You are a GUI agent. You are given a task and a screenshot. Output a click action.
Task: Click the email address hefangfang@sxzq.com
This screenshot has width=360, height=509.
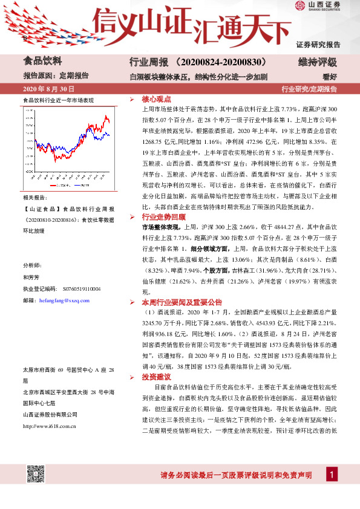click(x=64, y=299)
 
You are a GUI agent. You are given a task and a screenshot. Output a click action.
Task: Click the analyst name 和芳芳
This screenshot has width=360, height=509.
click(x=31, y=277)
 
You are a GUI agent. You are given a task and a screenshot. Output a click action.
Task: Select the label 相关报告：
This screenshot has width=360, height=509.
click(x=34, y=198)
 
